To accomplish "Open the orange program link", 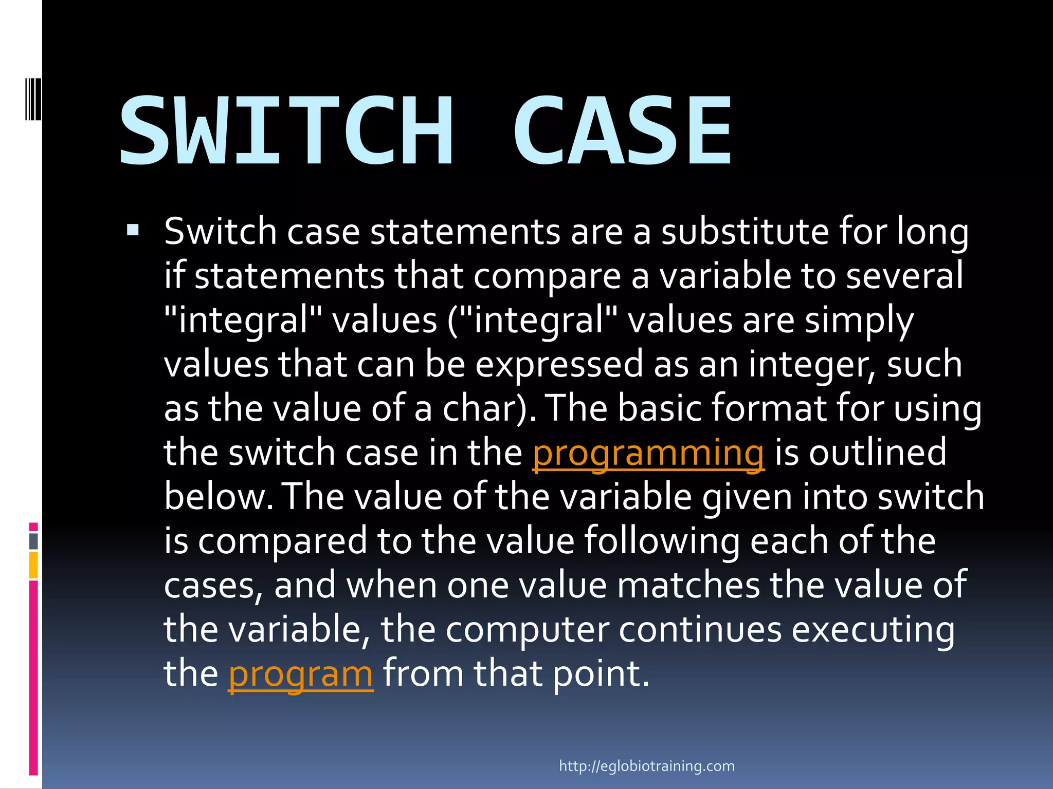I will point(300,674).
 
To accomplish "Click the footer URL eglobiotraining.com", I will point(647,766).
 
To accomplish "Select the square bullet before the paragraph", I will point(133,229).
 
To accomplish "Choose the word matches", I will point(688,586).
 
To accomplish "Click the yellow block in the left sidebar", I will point(33,565).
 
